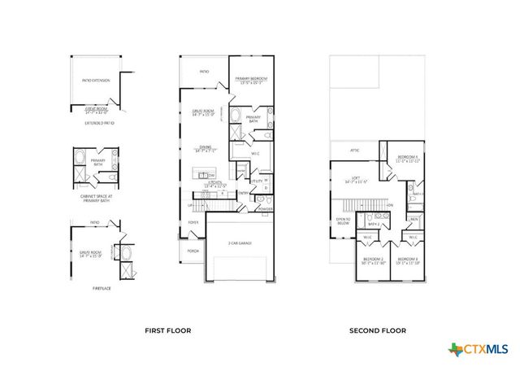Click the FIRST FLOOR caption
pos(167,330)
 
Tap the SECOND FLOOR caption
pos(378,330)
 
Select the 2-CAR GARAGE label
pos(240,242)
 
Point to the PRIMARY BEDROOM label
pos(252,79)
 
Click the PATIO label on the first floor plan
pos(205,72)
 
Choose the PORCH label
pos(193,251)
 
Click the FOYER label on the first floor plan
pos(193,221)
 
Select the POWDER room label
pos(266,207)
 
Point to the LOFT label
pos(355,177)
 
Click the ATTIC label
pos(354,151)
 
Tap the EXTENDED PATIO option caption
pos(99,123)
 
